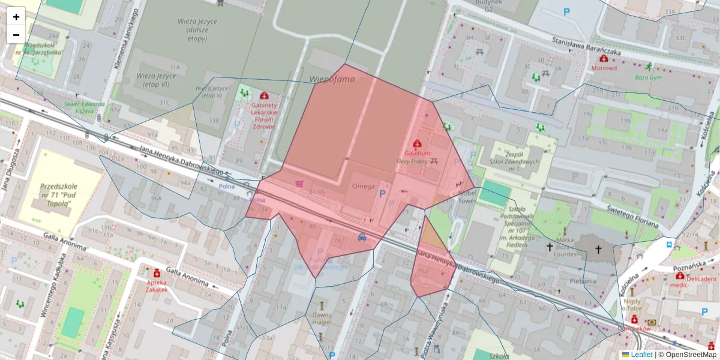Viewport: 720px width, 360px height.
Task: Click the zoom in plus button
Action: [x=16, y=17]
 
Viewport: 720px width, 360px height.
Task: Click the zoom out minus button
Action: [x=16, y=35]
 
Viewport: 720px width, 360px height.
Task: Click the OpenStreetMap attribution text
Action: [x=687, y=355]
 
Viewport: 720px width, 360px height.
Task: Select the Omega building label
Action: [x=363, y=185]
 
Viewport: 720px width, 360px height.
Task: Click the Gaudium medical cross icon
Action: [x=417, y=144]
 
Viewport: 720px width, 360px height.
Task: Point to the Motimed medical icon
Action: [x=603, y=58]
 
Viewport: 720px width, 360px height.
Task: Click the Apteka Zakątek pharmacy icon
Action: [x=157, y=272]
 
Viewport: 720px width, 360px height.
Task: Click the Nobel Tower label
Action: [x=466, y=197]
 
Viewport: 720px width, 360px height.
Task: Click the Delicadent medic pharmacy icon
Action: [x=680, y=277]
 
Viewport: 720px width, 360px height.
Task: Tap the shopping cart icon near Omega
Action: [x=298, y=184]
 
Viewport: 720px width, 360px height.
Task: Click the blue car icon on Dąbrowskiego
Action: [x=362, y=237]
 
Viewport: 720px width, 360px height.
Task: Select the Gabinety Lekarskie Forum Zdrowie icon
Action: [x=264, y=95]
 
